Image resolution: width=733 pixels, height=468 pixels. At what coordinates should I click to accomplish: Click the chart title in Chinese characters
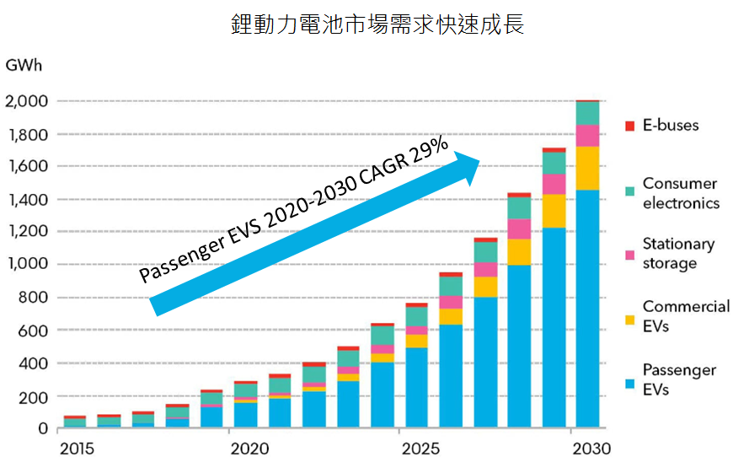pyautogui.click(x=377, y=24)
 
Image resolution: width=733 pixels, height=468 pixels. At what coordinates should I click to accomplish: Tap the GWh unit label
pyautogui.click(x=24, y=64)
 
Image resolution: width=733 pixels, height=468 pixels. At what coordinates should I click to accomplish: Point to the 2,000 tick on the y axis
pyautogui.click(x=27, y=102)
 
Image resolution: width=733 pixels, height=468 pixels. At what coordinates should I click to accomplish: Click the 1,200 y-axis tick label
pyautogui.click(x=27, y=232)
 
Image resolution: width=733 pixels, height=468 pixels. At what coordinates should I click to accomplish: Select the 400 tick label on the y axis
pyautogui.click(x=34, y=363)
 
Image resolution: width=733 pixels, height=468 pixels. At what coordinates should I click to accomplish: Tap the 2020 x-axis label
pyautogui.click(x=249, y=449)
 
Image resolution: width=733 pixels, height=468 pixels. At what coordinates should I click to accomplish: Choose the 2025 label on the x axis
pyautogui.click(x=421, y=449)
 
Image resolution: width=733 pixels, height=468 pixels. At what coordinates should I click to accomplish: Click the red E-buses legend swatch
pyautogui.click(x=629, y=126)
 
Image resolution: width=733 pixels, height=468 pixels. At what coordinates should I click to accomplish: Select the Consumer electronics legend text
pyautogui.click(x=680, y=193)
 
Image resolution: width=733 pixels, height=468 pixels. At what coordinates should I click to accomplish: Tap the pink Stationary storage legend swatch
pyautogui.click(x=629, y=254)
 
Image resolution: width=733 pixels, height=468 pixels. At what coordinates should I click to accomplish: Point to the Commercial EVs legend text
pyautogui.click(x=686, y=316)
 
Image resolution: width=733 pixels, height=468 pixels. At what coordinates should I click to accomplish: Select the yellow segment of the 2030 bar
pyautogui.click(x=587, y=168)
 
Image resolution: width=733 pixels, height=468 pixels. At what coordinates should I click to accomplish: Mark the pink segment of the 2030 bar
pyautogui.click(x=587, y=135)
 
